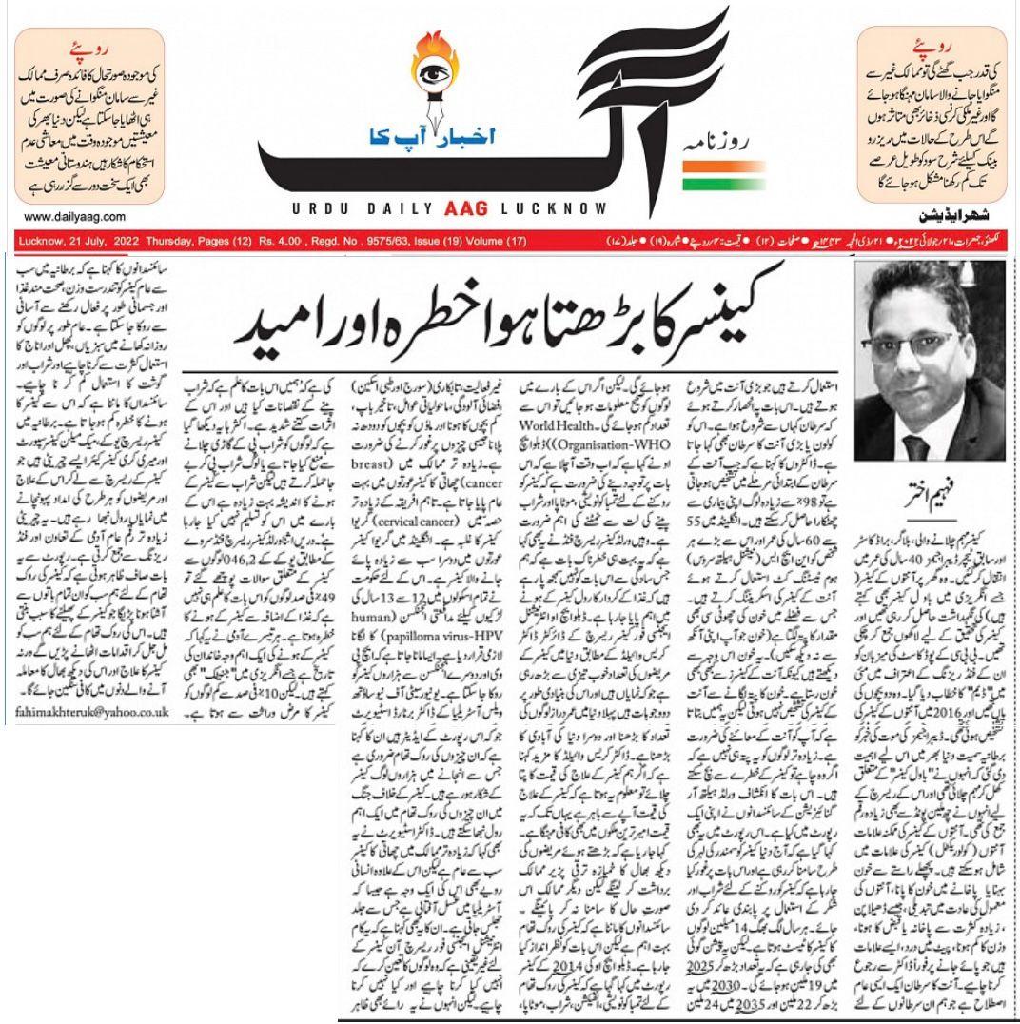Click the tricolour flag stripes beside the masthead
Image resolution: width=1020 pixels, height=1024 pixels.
(702, 171)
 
